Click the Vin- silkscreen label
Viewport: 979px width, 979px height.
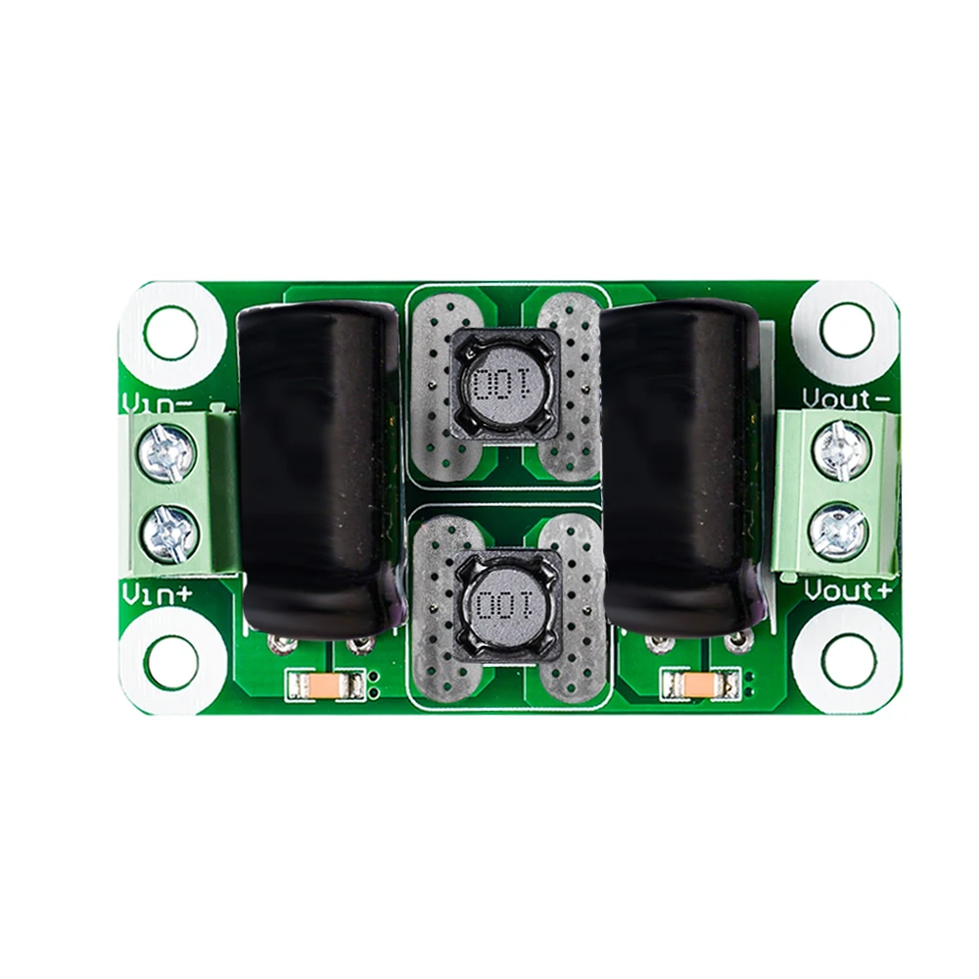click(156, 400)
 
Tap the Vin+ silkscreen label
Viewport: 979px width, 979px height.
click(156, 591)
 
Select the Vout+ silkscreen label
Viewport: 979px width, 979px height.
click(848, 591)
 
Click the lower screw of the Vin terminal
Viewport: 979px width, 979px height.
click(169, 532)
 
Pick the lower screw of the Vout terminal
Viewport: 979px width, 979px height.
click(840, 531)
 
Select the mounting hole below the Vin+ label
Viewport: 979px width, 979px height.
click(172, 662)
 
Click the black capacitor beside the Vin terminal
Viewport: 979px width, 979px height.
click(315, 460)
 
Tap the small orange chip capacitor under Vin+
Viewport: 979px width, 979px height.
click(322, 684)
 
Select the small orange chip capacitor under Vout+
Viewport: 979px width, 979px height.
click(699, 682)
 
